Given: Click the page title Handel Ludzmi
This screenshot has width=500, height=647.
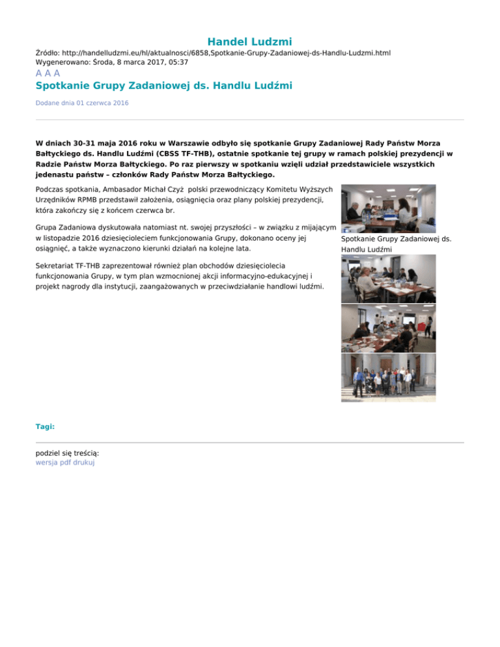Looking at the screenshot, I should pyautogui.click(x=250, y=42).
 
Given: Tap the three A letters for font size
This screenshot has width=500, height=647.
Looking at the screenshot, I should pyautogui.click(x=48, y=74).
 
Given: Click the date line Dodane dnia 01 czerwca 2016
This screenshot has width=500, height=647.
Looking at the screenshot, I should pyautogui.click(x=82, y=103).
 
